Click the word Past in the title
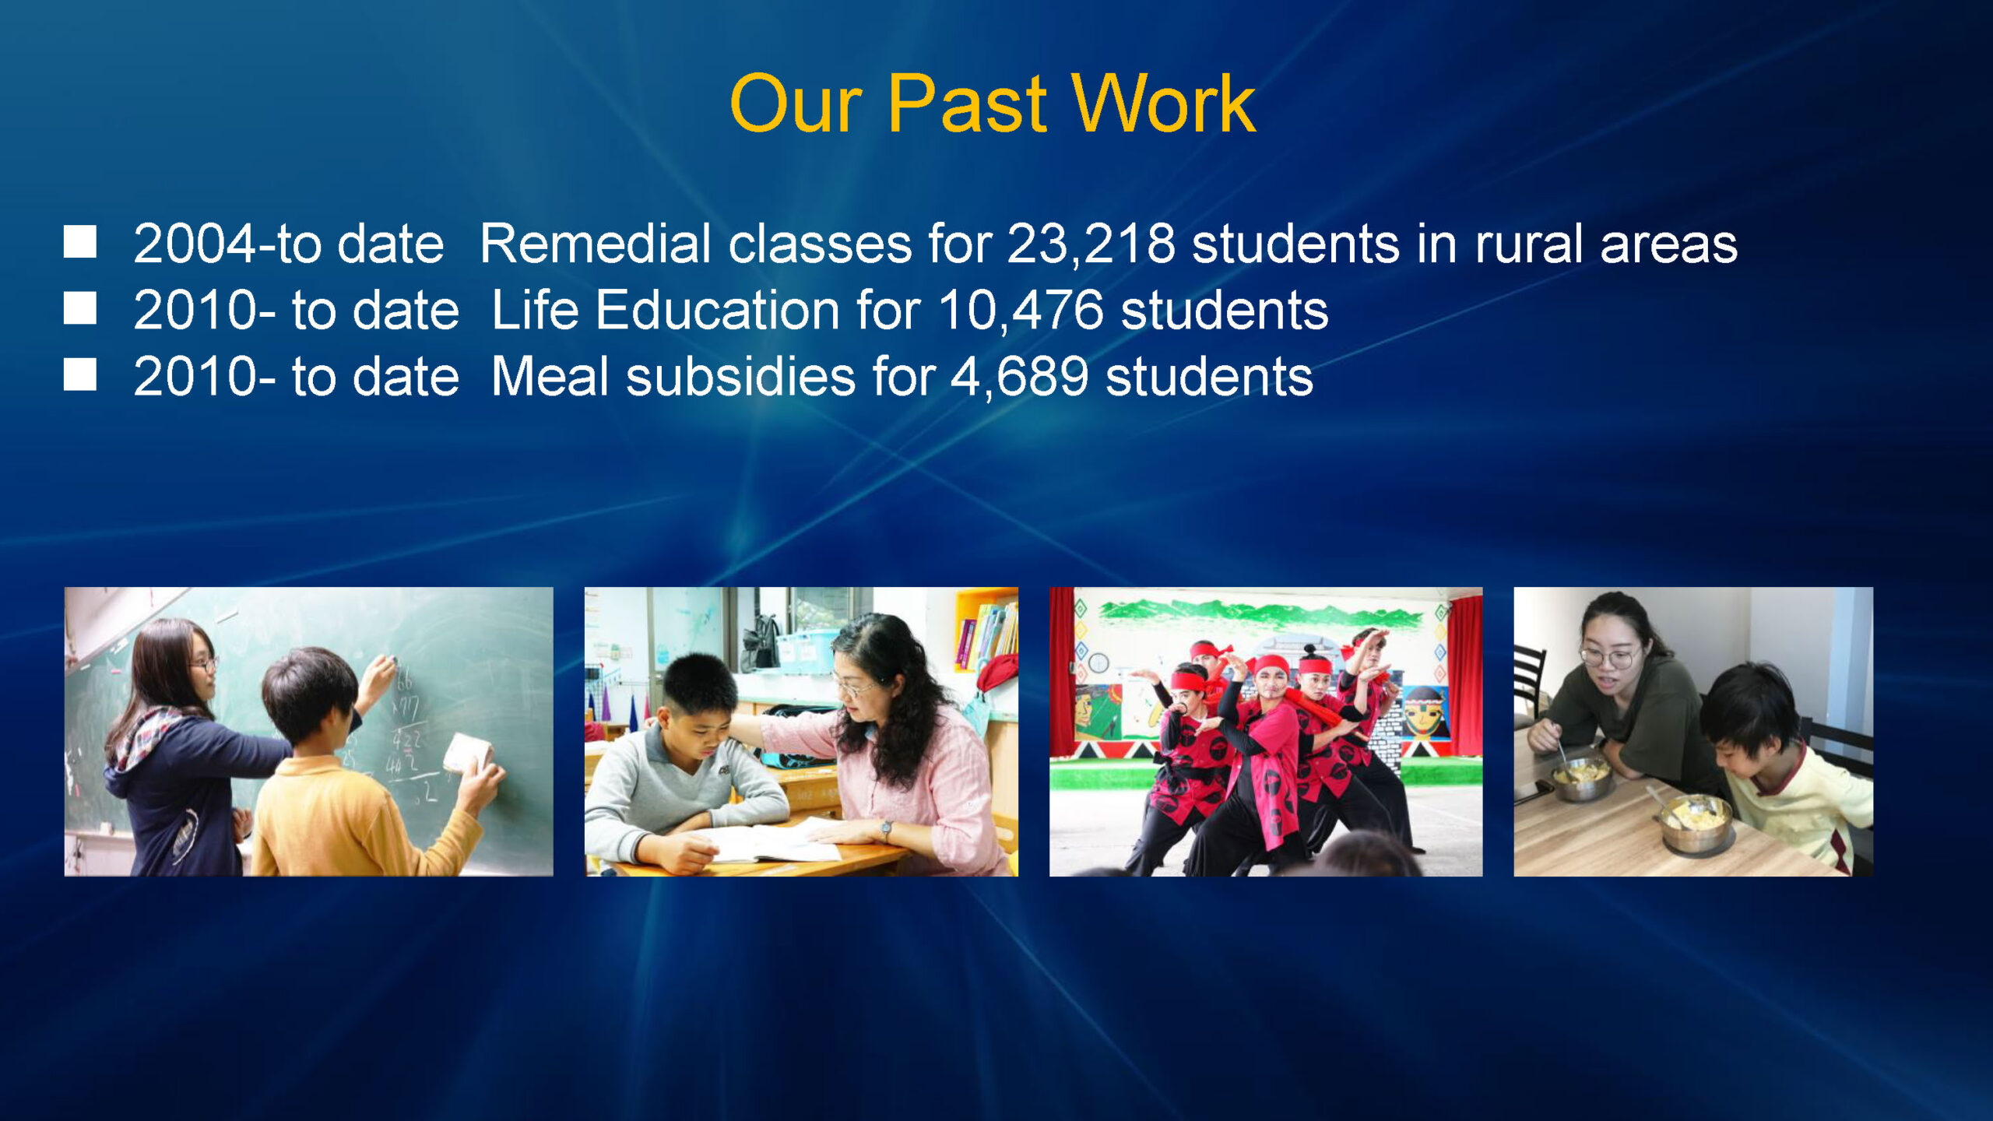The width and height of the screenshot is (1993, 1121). coord(968,104)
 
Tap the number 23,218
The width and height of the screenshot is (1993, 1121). coord(1091,244)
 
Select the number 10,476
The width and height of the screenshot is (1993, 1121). coord(1021,310)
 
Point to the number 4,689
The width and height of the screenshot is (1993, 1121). coord(1019,377)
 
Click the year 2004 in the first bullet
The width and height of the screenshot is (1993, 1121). coord(195,244)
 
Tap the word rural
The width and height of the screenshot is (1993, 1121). coord(1529,244)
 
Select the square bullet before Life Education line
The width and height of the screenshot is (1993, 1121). coord(79,308)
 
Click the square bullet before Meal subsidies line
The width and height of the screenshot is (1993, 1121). coord(79,374)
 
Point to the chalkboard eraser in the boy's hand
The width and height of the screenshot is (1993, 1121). coord(467,754)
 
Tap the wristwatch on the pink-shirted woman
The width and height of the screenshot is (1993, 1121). coord(885,830)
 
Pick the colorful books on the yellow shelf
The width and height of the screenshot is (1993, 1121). coord(987,634)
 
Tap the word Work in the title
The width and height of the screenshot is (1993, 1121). coord(1163,104)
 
